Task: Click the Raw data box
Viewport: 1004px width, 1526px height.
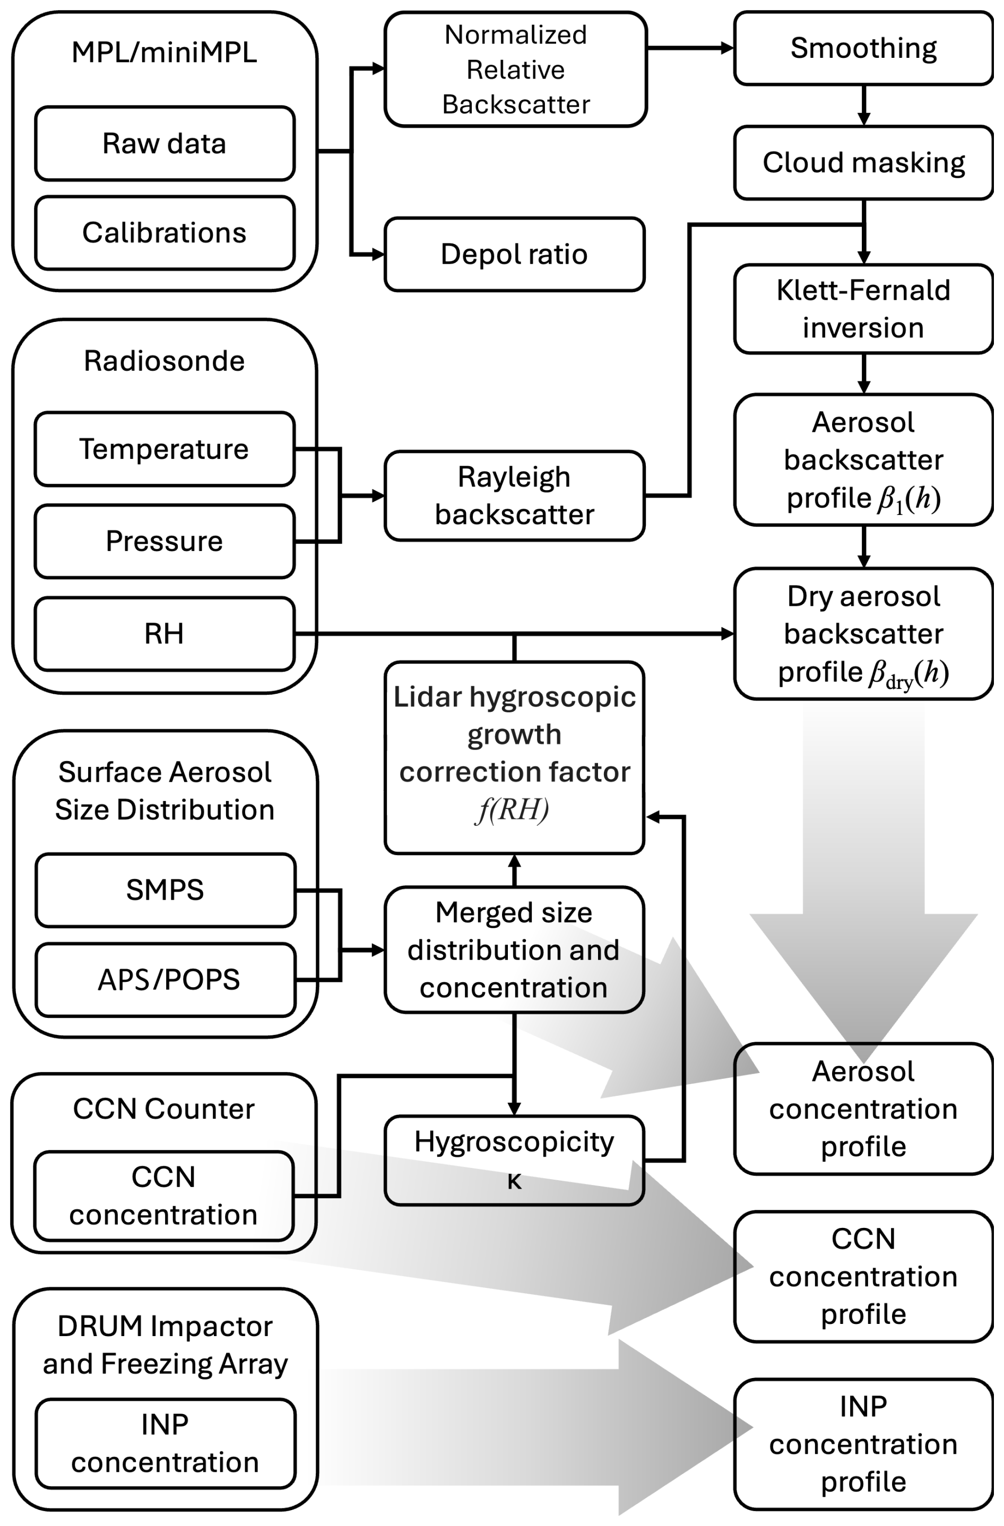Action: coord(164,144)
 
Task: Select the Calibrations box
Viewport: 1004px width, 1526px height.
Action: coord(164,233)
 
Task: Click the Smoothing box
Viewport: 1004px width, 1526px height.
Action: coord(863,48)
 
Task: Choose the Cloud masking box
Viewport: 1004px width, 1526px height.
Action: coord(863,163)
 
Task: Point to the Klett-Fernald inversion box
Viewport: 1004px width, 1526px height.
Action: coord(863,309)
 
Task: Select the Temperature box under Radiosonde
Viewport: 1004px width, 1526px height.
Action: coord(164,449)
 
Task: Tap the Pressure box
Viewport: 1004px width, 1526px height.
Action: coord(164,541)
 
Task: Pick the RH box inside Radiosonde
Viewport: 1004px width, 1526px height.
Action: coord(164,633)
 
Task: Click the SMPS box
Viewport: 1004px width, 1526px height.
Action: coord(165,890)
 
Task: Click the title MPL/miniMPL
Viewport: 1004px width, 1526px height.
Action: coord(164,53)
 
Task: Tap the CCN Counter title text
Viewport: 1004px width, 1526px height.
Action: coord(163,1109)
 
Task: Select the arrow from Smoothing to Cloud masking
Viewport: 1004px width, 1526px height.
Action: coord(863,105)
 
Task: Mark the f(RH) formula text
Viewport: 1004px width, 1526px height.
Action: coord(513,810)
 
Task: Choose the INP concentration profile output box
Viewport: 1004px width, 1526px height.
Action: coord(863,1444)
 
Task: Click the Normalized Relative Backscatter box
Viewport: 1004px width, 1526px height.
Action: coord(515,69)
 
